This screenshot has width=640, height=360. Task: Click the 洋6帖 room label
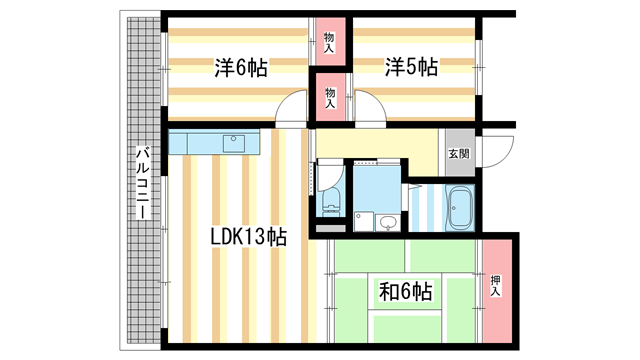(x=240, y=68)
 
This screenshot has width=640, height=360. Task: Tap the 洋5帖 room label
(x=410, y=68)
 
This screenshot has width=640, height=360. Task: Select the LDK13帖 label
(x=248, y=237)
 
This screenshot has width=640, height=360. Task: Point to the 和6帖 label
(x=404, y=292)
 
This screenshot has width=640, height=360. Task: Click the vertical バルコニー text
(x=143, y=184)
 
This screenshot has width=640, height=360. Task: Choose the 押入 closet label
(x=496, y=285)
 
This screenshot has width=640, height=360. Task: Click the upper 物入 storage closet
(x=330, y=42)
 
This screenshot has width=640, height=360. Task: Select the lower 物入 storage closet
(x=330, y=97)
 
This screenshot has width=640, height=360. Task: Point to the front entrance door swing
(x=500, y=146)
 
